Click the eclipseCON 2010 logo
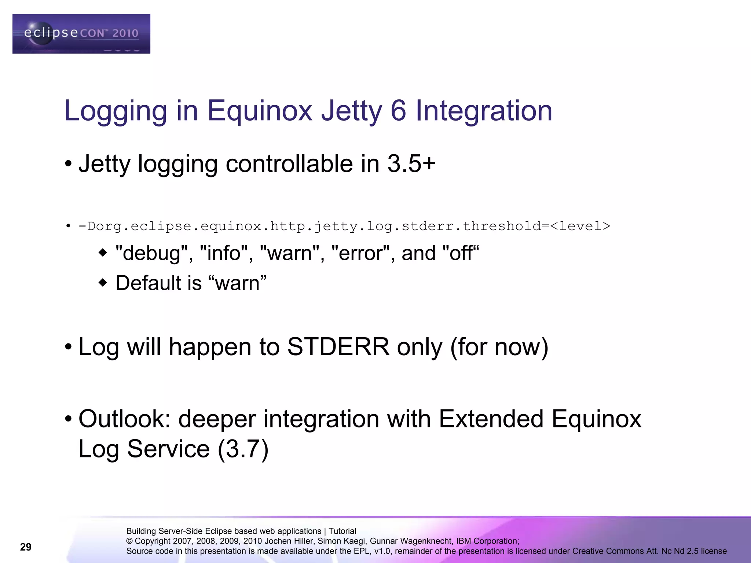pyautogui.click(x=81, y=34)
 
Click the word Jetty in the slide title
pyautogui.click(x=351, y=111)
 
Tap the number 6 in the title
pyautogui.click(x=398, y=111)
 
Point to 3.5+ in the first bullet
pyautogui.click(x=411, y=163)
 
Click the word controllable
pyautogui.click(x=289, y=163)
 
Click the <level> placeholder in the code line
pyautogui.click(x=580, y=226)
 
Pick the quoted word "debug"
pyautogui.click(x=152, y=253)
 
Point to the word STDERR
pyautogui.click(x=338, y=347)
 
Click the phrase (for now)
pyautogui.click(x=499, y=347)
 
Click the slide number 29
pyautogui.click(x=26, y=547)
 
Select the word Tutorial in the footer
pyautogui.click(x=342, y=531)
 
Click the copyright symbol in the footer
pyautogui.click(x=129, y=541)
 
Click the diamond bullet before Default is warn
pyautogui.click(x=103, y=283)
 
